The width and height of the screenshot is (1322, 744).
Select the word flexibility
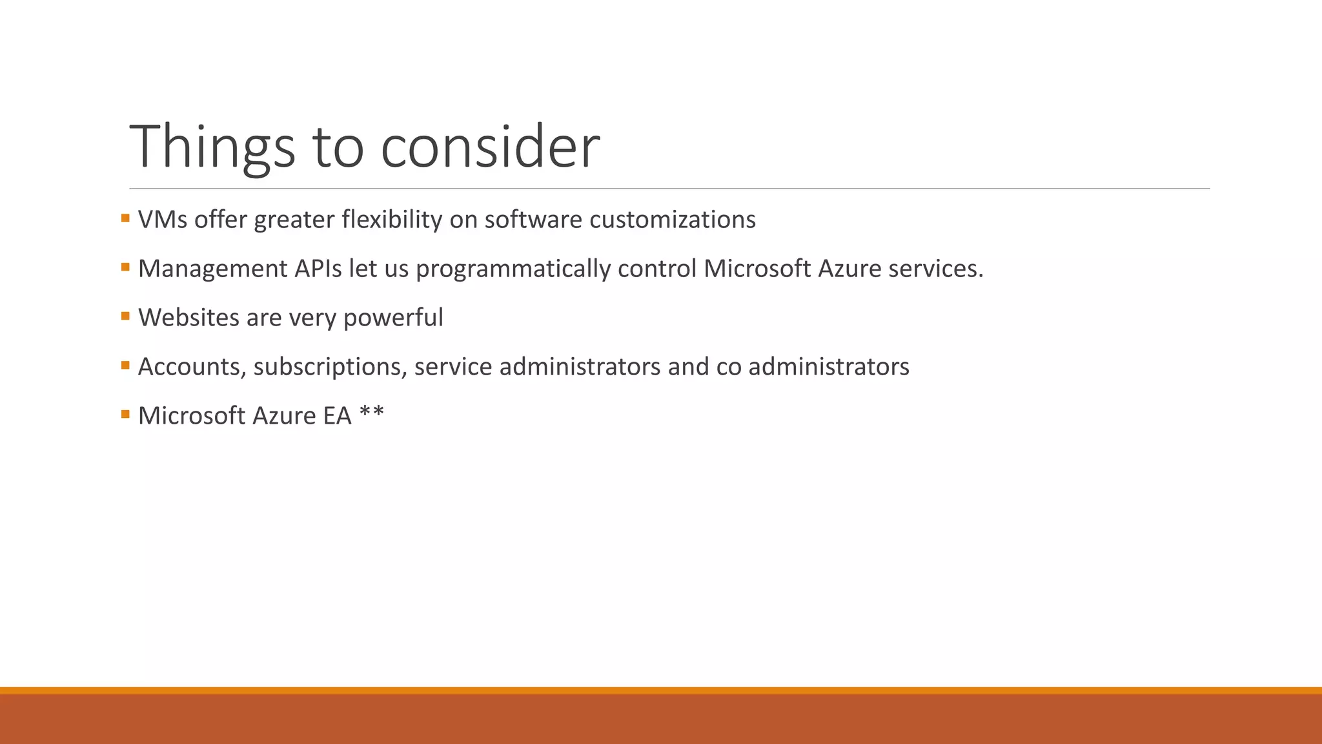coord(392,220)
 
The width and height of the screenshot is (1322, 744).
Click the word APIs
coord(318,269)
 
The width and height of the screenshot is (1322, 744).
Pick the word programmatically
coord(513,269)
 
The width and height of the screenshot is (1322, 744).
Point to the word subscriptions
coord(330,367)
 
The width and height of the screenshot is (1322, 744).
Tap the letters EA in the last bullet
coord(337,416)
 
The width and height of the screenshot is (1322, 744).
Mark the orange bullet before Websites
coord(125,316)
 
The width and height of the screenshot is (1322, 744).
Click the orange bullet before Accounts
coord(125,365)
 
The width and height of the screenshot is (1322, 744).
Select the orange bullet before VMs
coord(125,218)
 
